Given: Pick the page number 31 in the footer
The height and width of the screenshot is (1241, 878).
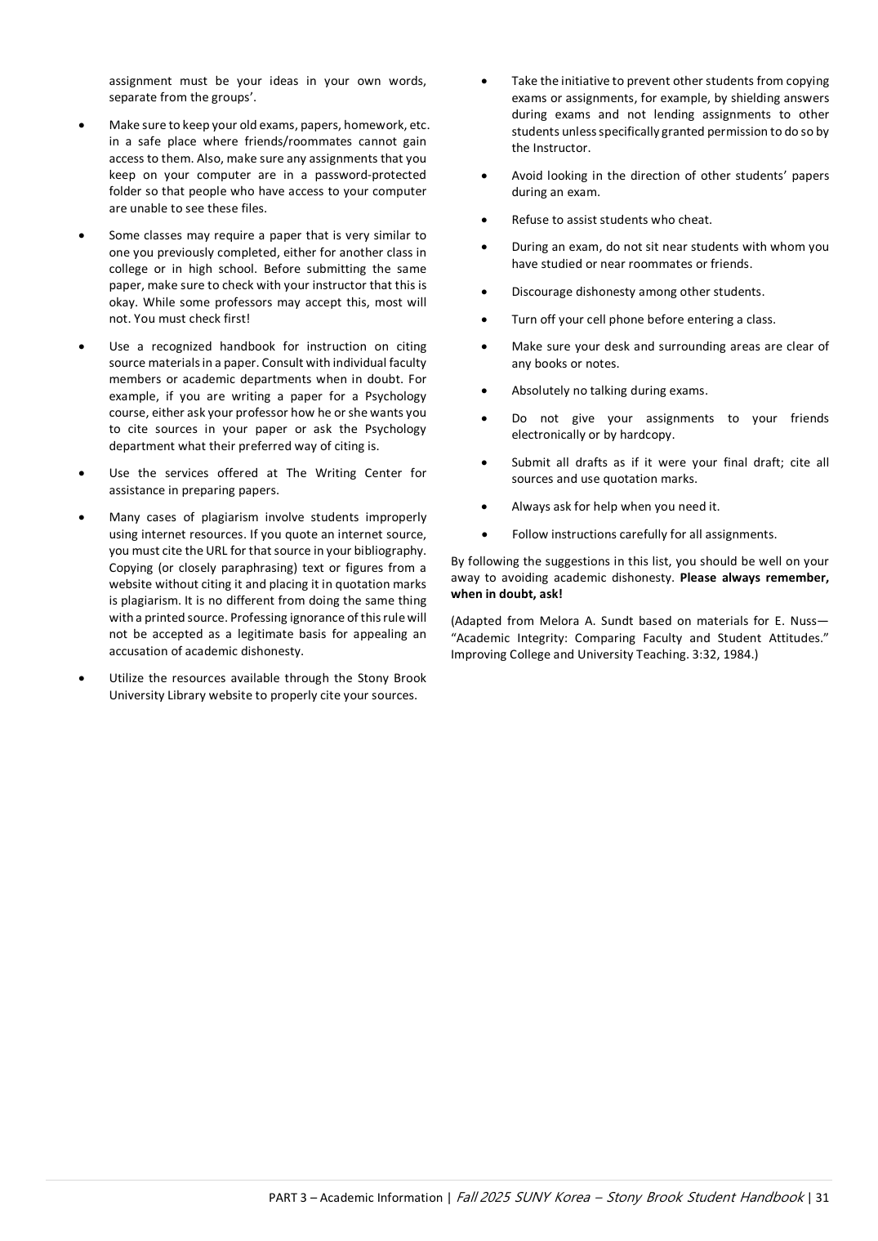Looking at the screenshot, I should click(x=822, y=1198).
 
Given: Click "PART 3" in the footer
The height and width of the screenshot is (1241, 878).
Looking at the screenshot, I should click(x=287, y=1198).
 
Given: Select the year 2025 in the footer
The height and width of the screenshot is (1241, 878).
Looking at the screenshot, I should click(x=495, y=1198).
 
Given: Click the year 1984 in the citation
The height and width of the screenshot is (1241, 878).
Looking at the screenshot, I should click(x=738, y=654).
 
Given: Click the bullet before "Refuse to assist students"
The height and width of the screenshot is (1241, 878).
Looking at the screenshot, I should click(x=485, y=220).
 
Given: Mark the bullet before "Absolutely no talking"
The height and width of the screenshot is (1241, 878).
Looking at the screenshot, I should click(x=485, y=391).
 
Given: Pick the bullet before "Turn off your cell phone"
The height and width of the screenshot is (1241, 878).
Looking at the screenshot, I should click(x=485, y=320).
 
